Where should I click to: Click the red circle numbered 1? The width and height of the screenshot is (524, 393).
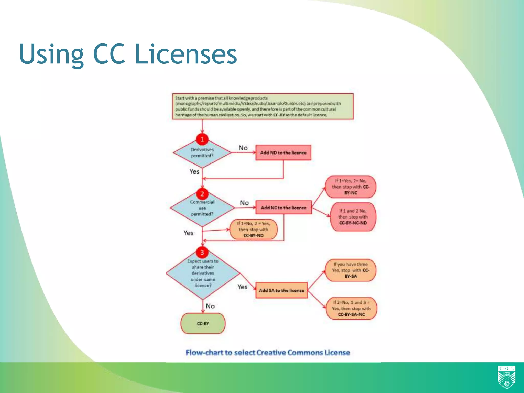click(202, 139)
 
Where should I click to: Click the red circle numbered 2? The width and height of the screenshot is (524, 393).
click(202, 194)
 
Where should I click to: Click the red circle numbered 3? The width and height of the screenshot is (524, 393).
click(202, 252)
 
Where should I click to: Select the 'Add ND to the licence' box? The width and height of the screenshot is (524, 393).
click(283, 152)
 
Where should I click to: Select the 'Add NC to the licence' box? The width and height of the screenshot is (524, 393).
click(283, 208)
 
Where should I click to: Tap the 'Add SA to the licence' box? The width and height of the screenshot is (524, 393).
click(281, 290)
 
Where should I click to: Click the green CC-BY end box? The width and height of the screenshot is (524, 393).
click(203, 323)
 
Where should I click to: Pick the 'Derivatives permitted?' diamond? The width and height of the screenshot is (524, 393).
click(202, 154)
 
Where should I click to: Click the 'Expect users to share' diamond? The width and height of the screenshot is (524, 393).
click(203, 274)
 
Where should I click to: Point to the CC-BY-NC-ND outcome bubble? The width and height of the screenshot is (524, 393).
click(353, 217)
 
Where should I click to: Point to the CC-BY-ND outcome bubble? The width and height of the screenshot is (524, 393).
click(253, 230)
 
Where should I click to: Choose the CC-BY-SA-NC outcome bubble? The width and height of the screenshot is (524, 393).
click(351, 309)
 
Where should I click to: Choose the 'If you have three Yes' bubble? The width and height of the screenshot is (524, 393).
click(351, 270)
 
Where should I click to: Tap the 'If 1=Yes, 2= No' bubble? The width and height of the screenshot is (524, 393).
click(351, 187)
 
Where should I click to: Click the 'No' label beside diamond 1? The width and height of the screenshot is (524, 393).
click(243, 148)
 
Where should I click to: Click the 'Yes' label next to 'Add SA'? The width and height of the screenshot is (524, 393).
click(242, 287)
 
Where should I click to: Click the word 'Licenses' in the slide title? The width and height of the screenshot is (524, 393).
click(186, 54)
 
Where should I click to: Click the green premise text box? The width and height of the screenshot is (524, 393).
click(263, 106)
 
